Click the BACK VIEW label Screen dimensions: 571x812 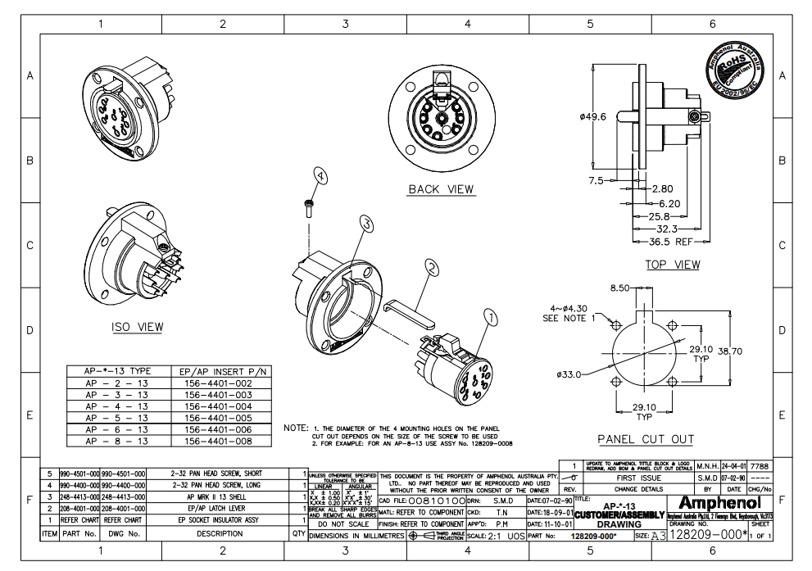pyautogui.click(x=442, y=189)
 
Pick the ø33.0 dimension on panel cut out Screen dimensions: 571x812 pyautogui.click(x=571, y=374)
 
